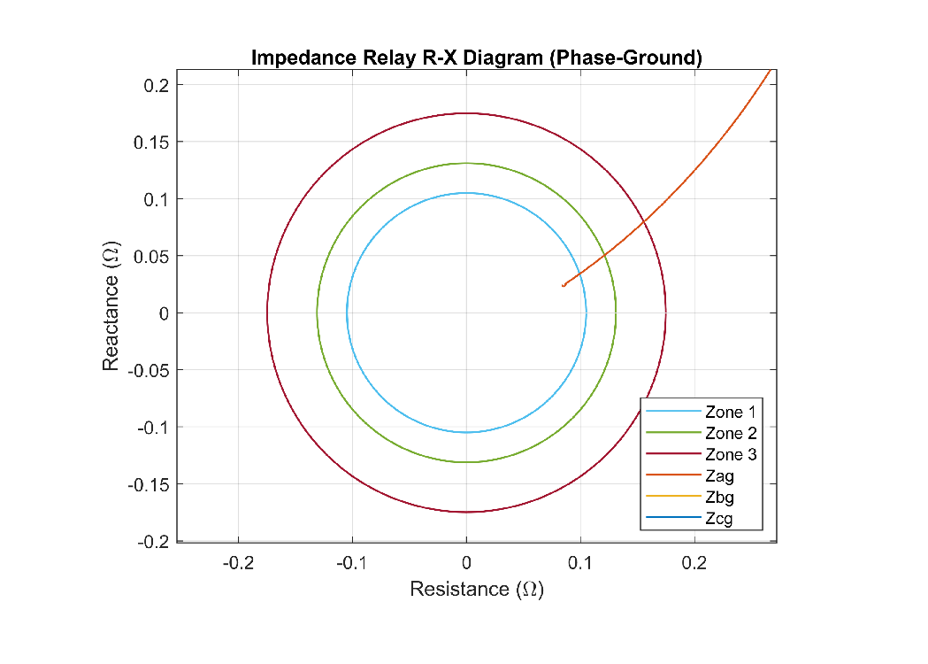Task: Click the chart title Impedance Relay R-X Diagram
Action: pyautogui.click(x=477, y=58)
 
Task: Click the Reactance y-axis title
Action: pyautogui.click(x=111, y=305)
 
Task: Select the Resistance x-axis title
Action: pyautogui.click(x=477, y=589)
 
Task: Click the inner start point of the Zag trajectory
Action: pyautogui.click(x=564, y=286)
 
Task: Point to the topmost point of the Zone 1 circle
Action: pyautogui.click(x=466, y=193)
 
